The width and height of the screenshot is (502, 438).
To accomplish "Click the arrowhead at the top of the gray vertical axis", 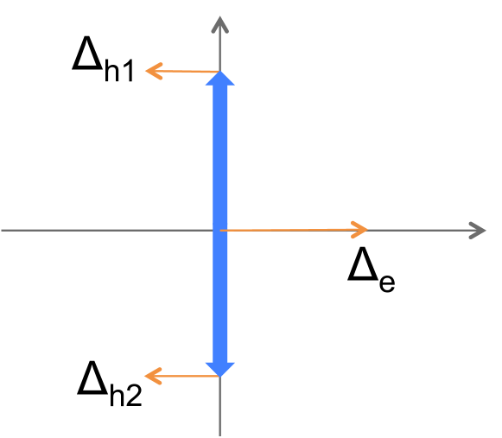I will [220, 23].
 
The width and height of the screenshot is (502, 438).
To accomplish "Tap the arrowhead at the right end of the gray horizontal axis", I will [478, 231].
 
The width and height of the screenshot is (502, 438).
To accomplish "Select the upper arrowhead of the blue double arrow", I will [220, 79].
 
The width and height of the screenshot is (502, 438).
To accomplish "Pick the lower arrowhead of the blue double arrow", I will [220, 369].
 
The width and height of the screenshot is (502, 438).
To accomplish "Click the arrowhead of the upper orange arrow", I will [153, 71].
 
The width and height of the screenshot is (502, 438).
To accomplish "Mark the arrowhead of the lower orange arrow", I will [153, 376].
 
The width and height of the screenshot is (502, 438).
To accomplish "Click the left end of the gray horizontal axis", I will [3, 231].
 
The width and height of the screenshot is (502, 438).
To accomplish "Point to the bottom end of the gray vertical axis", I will [220, 433].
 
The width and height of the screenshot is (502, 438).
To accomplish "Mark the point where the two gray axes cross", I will [220, 231].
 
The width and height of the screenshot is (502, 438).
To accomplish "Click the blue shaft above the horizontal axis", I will [220, 156].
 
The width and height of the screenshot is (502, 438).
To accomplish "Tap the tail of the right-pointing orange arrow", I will [224, 230].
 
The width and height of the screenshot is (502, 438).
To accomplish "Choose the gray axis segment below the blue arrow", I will [220, 406].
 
